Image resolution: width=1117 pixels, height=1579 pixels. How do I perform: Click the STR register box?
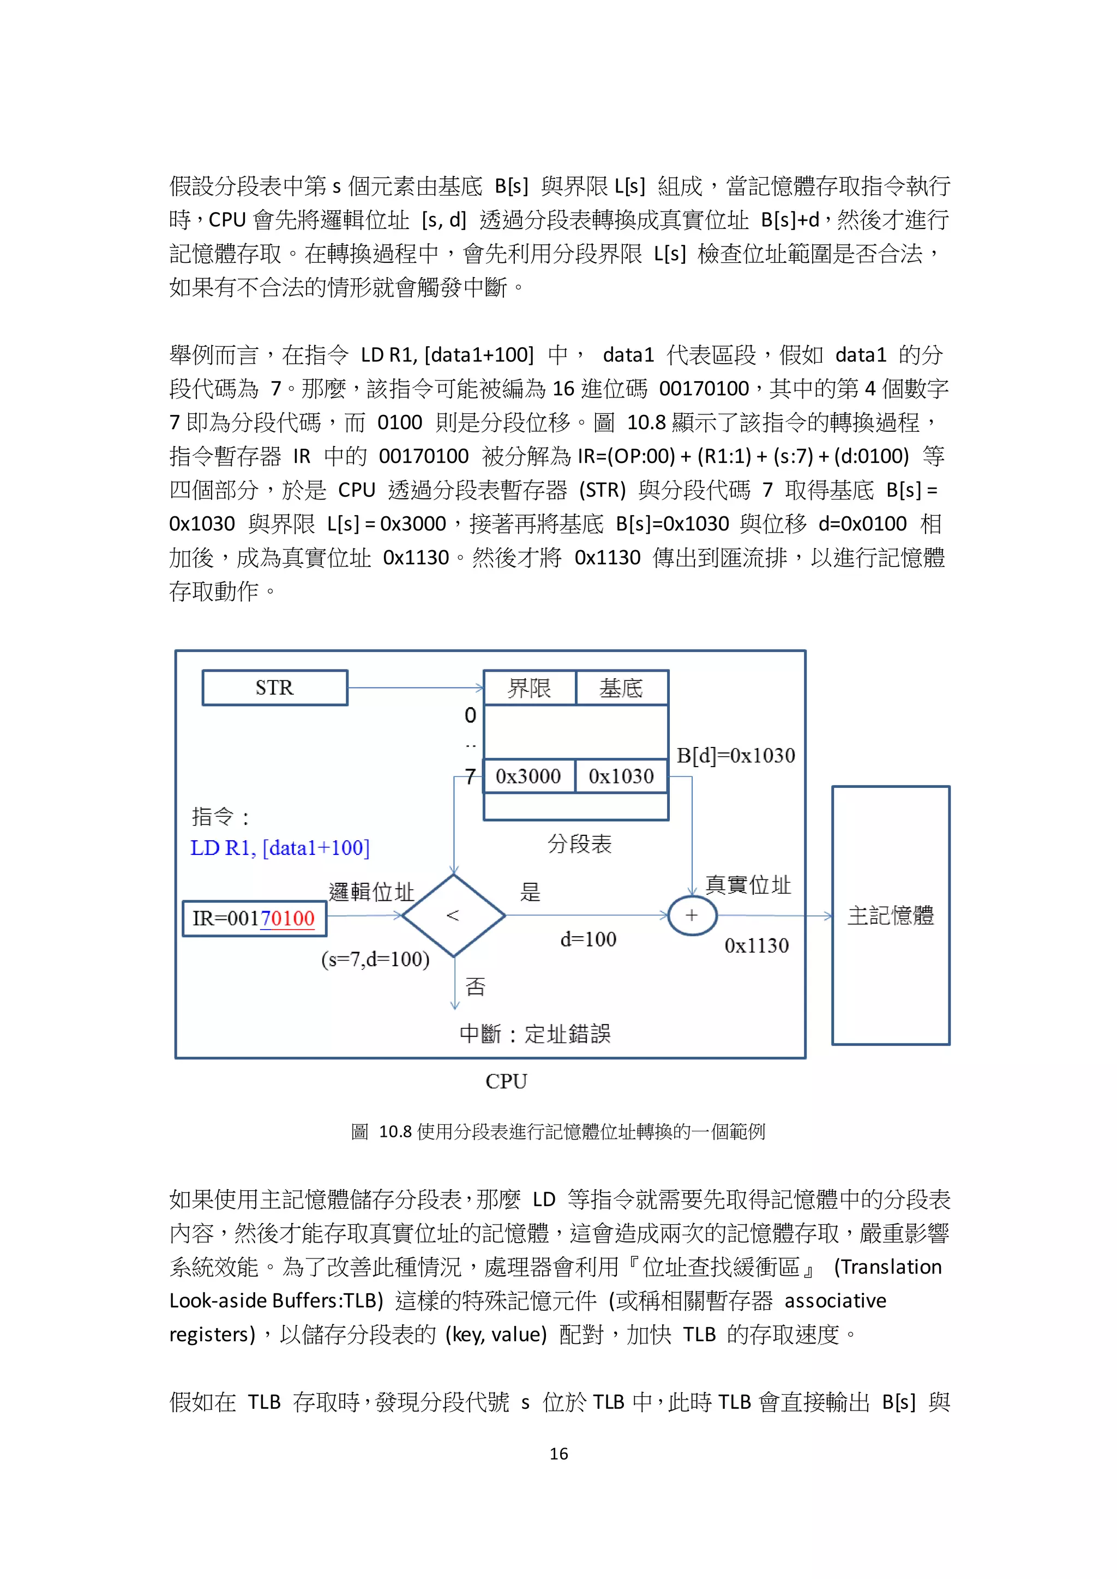pyautogui.click(x=274, y=687)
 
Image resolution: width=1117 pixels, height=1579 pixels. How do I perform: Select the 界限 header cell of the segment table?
pyautogui.click(x=529, y=688)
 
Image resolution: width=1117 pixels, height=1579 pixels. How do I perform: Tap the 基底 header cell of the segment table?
pyautogui.click(x=621, y=688)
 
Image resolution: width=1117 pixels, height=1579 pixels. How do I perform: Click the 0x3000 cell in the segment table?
pyautogui.click(x=529, y=776)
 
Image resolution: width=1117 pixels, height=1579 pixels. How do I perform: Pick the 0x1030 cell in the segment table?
pyautogui.click(x=621, y=776)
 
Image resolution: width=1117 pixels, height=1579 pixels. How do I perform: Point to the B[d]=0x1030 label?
pyautogui.click(x=735, y=755)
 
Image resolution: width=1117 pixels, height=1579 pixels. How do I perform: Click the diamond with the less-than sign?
pyautogui.click(x=453, y=915)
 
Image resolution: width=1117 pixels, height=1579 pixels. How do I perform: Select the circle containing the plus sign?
pyautogui.click(x=692, y=915)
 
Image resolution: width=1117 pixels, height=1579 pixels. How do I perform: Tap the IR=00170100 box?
pyautogui.click(x=254, y=918)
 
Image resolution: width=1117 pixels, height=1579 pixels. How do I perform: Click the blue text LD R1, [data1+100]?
pyautogui.click(x=280, y=848)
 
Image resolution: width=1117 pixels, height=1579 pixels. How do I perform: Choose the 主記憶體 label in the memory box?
pyautogui.click(x=890, y=915)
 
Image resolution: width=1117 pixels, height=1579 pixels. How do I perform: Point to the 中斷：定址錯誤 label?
pyautogui.click(x=535, y=1034)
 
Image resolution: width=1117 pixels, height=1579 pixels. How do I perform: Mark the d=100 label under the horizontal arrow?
pyautogui.click(x=588, y=939)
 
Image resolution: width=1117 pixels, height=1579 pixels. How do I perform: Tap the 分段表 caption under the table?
pyautogui.click(x=579, y=844)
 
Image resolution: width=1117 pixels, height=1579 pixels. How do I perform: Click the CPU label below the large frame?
pyautogui.click(x=506, y=1082)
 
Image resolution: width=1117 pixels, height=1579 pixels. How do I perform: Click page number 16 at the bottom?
pyautogui.click(x=558, y=1453)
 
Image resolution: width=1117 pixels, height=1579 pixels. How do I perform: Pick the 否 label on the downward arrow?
pyautogui.click(x=475, y=987)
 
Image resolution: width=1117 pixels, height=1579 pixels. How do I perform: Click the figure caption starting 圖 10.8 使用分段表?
pyautogui.click(x=558, y=1131)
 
